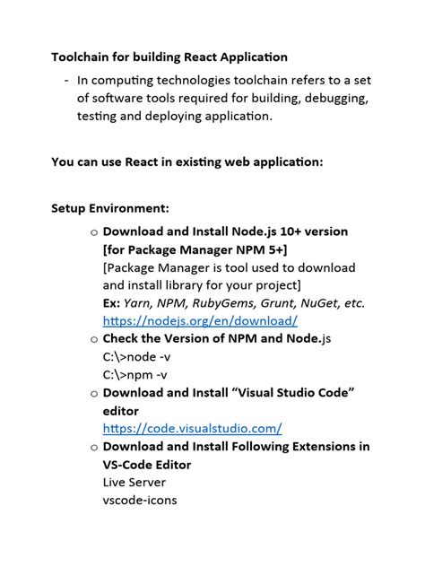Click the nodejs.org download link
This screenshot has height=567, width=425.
pos(200,320)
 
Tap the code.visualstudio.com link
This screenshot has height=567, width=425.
pos(192,428)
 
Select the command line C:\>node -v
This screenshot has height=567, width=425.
pos(135,356)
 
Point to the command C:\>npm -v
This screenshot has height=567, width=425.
pos(134,374)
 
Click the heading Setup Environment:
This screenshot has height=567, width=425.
pos(110,208)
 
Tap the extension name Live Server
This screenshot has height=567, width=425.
pos(134,482)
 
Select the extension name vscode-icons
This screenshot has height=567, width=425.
pos(140,500)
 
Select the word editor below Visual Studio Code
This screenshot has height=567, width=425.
pos(121,410)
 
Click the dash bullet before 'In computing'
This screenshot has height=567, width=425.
pos(66,80)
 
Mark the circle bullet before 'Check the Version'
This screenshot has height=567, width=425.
pos(94,339)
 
